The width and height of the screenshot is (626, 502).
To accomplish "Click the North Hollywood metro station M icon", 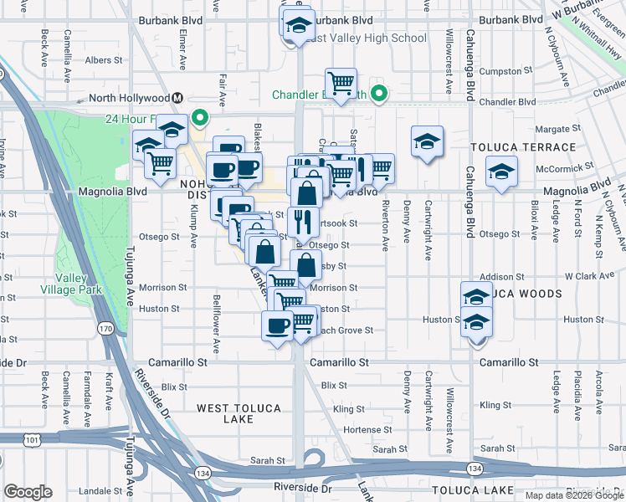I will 178,98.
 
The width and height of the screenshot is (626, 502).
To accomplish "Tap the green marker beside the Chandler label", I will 378,94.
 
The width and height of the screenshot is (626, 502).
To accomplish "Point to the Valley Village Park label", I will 79,284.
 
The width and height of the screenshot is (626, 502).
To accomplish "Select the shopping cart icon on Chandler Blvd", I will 341,83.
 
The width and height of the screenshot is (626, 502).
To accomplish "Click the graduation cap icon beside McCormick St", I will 501,172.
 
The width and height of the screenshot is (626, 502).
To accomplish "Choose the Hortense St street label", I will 351,429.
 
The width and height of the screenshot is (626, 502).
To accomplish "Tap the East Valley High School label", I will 365,38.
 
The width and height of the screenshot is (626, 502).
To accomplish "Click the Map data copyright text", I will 572,495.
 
